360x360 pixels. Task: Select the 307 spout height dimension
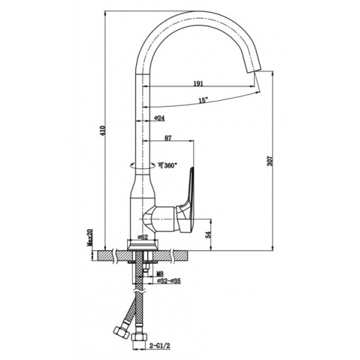270,161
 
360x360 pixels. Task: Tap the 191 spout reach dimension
198,84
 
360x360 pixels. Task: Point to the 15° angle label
204,100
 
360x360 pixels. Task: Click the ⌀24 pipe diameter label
160,118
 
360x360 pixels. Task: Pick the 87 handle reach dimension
168,138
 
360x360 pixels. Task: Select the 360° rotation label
168,165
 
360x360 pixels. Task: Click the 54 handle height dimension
207,234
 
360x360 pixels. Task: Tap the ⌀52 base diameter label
142,237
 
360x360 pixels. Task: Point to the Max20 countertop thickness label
90,238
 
